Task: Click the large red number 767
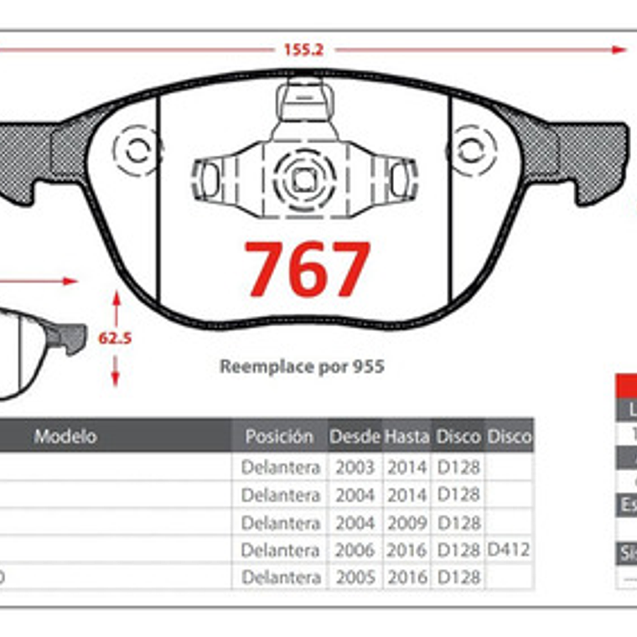point(307,269)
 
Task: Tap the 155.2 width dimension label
point(303,49)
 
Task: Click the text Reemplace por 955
point(302,366)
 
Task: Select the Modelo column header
point(65,437)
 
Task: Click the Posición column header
point(279,437)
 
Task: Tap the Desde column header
point(355,437)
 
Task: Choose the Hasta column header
point(407,437)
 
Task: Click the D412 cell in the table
point(510,551)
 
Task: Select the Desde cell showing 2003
point(355,468)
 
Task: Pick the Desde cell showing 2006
point(355,551)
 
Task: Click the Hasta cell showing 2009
point(407,523)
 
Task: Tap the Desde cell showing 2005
point(355,577)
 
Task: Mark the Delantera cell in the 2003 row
point(280,468)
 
